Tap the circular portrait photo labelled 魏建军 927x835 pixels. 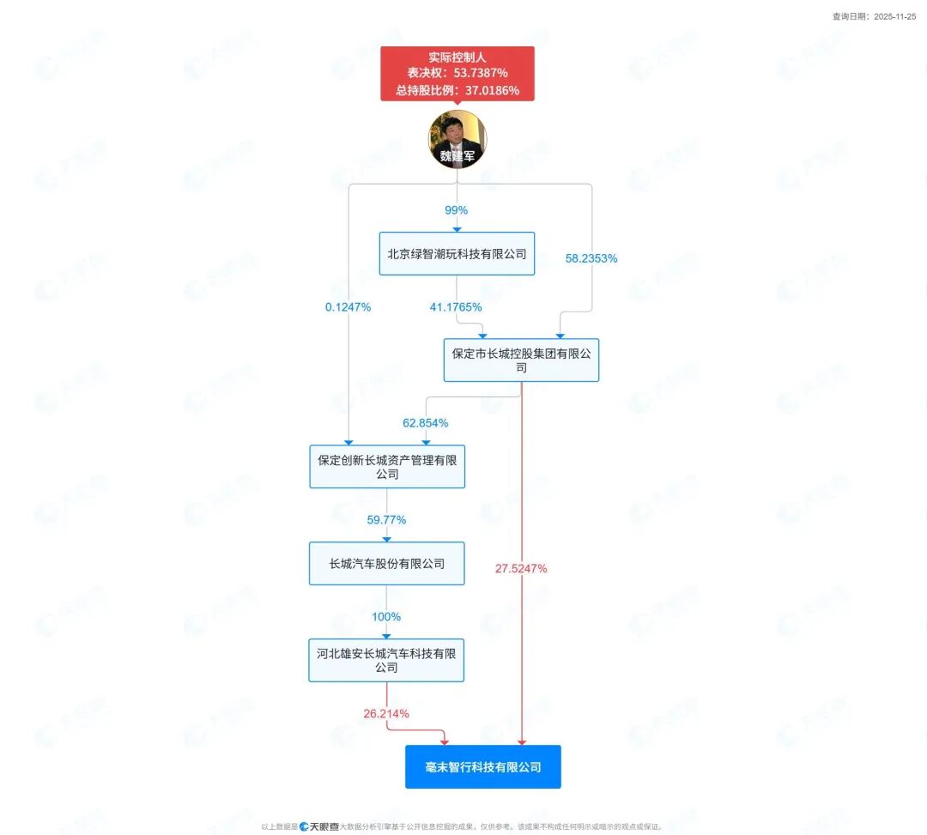point(457,139)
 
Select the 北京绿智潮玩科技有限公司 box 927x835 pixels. point(457,254)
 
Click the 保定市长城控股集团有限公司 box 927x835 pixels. point(521,360)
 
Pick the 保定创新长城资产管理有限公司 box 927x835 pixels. point(387,467)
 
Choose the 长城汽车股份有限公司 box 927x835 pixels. point(387,564)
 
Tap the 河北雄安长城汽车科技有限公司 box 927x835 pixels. point(386,660)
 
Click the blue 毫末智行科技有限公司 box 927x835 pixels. point(483,766)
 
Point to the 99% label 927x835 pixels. point(457,210)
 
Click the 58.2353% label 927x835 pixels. point(591,257)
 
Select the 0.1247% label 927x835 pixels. point(348,306)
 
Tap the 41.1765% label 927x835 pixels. point(456,306)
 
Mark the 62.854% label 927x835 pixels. point(426,423)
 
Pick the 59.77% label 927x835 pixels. point(386,519)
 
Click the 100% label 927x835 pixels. point(386,616)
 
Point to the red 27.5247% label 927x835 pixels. point(521,568)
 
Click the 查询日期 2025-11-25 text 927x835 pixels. point(874,16)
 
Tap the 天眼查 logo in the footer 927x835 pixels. point(319,826)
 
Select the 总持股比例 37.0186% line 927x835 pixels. point(457,90)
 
